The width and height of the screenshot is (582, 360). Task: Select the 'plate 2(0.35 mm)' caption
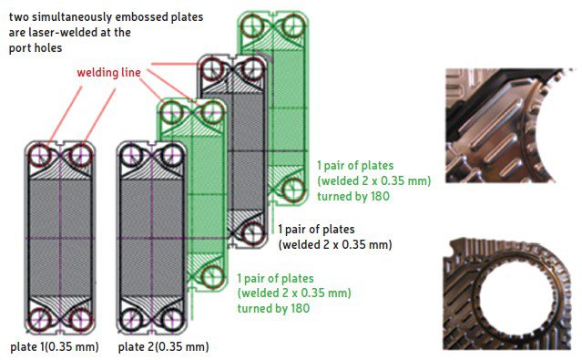pos(164,348)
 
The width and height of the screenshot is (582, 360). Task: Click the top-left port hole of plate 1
pos(42,156)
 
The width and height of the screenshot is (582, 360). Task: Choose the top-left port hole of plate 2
pos(132,156)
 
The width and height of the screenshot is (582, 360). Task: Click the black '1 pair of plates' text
pos(316,230)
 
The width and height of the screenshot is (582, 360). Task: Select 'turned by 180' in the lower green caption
pos(273,309)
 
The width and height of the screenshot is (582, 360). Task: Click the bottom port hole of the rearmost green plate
pos(292,190)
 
